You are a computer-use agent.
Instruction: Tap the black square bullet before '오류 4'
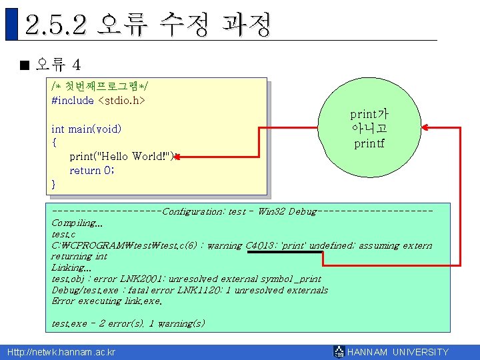tap(25, 65)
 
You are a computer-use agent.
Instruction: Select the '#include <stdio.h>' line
tap(98, 101)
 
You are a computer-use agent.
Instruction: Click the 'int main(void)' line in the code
tap(86, 128)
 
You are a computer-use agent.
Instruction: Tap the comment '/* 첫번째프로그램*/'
tap(100, 87)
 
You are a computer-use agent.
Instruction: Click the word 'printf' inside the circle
tap(369, 143)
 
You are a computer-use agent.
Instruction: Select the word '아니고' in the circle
tap(369, 128)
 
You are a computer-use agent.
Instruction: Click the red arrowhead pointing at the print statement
tap(179, 157)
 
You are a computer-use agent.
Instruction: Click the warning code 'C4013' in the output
tap(261, 245)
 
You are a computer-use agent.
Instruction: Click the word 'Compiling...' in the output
tap(77, 223)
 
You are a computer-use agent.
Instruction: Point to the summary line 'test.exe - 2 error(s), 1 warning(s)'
tap(129, 323)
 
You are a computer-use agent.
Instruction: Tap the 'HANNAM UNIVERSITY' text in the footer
tap(398, 352)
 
